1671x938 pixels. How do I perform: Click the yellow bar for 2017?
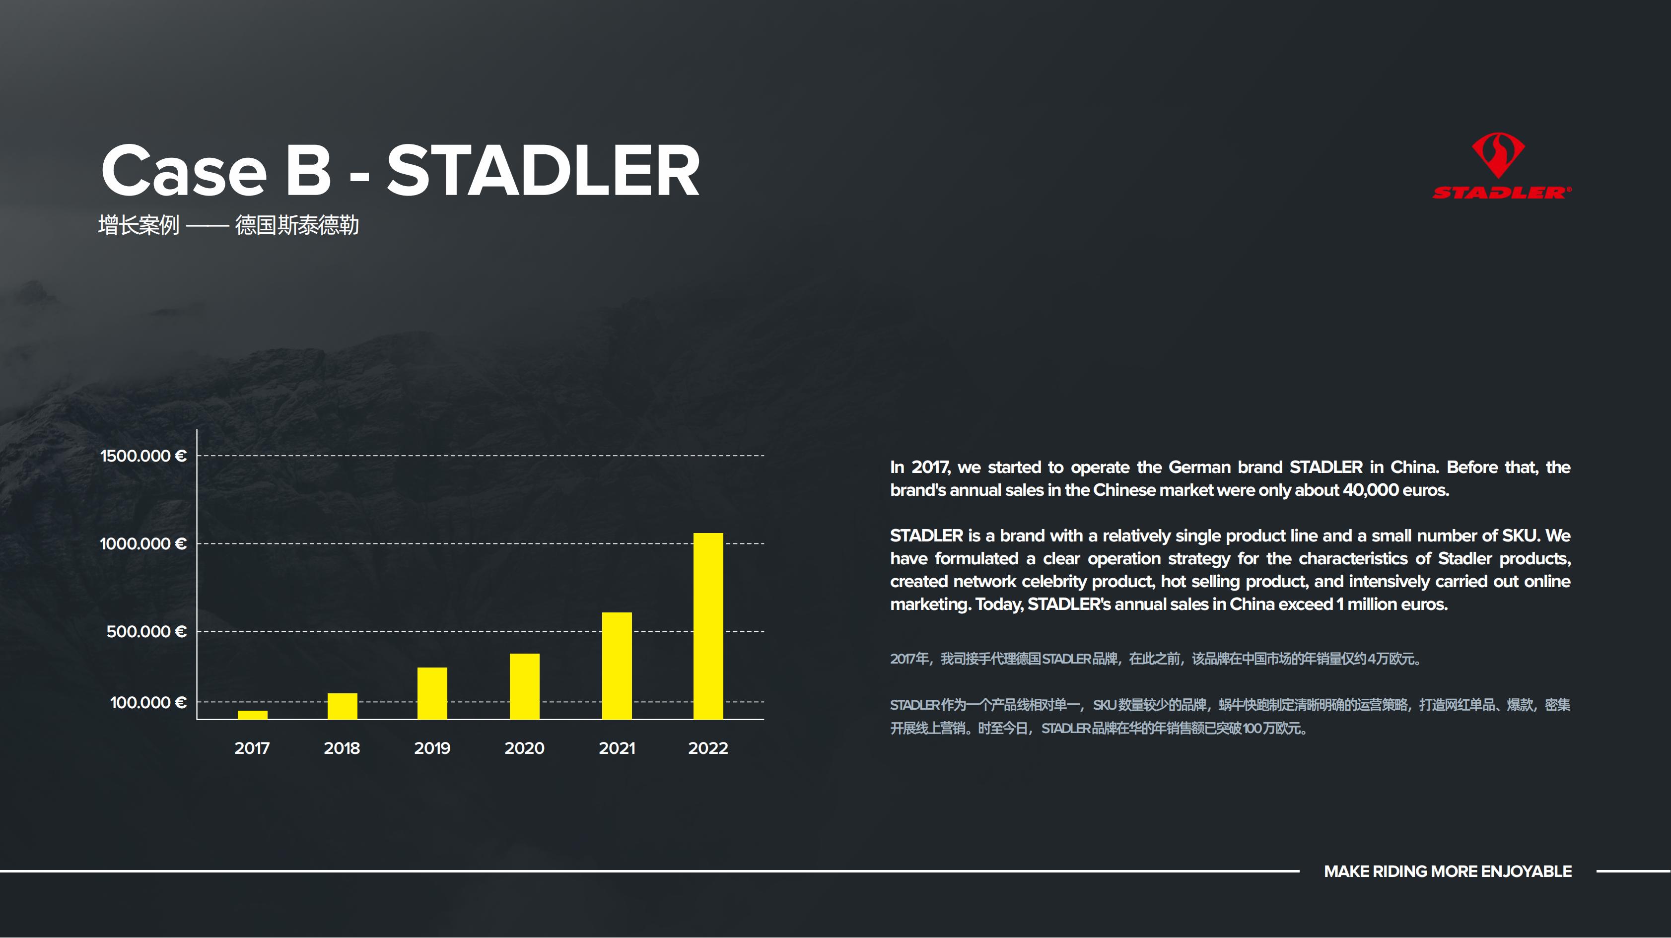tap(252, 715)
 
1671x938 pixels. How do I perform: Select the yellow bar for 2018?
tap(343, 706)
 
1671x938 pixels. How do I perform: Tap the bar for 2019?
tap(432, 693)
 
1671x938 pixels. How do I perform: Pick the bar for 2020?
tap(524, 686)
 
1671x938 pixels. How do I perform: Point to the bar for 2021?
tap(617, 666)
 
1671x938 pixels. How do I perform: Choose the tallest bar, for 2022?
tap(708, 626)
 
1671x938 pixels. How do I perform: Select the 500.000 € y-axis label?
tap(146, 631)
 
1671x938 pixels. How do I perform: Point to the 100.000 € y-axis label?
tap(148, 703)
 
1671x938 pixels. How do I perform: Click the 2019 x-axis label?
tap(432, 748)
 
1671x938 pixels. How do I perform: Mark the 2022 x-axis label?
tap(708, 748)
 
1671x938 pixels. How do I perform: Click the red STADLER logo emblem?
tap(1498, 156)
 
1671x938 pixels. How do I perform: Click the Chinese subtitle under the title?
tap(228, 225)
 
